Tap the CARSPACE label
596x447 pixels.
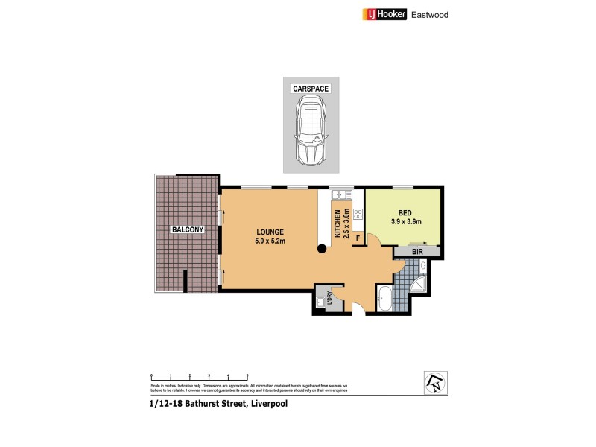(x=310, y=89)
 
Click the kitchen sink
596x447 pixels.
(x=340, y=195)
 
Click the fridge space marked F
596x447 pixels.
(x=358, y=239)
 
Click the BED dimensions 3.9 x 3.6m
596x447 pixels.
(x=406, y=221)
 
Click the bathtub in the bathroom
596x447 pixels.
(x=384, y=299)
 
